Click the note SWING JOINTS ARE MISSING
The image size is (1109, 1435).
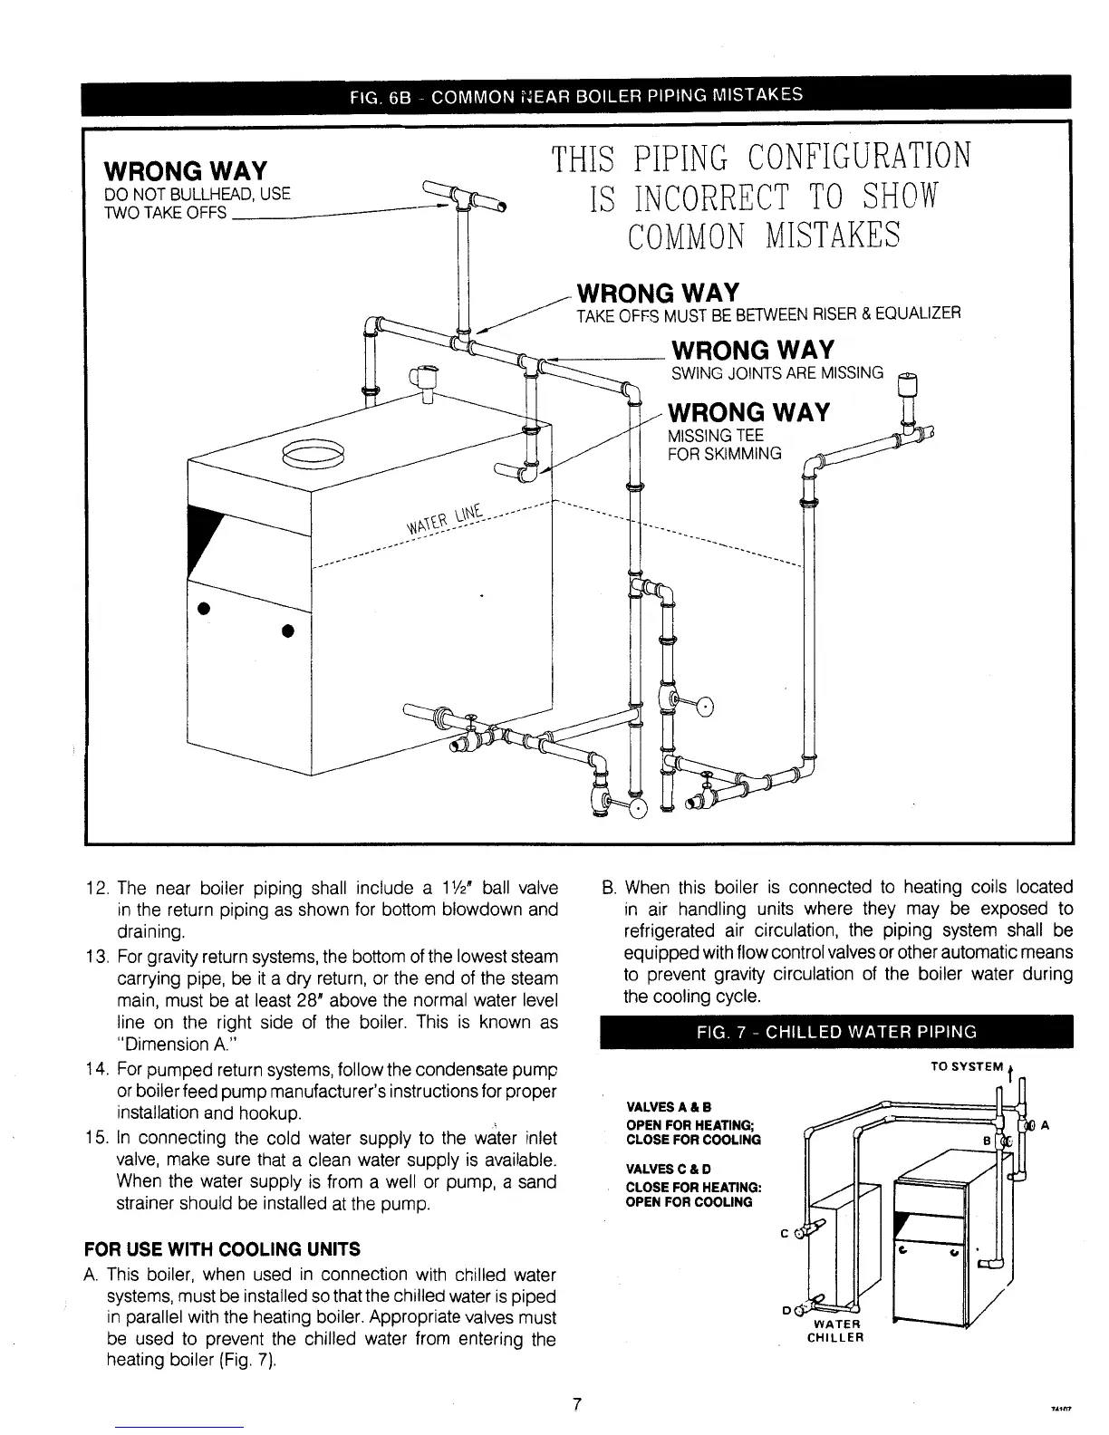pos(776,373)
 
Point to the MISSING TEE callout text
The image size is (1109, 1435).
pos(715,436)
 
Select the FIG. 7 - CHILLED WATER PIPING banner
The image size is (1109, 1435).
pos(833,1031)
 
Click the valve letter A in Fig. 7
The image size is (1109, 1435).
pos(1045,1126)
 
